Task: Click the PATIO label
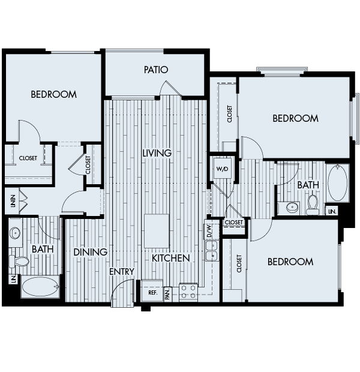tap(155, 70)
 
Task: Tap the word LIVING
tap(157, 153)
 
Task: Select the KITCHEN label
tap(170, 258)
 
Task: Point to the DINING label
tap(90, 253)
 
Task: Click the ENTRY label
tap(121, 272)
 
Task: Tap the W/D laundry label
tap(221, 170)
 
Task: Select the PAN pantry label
tap(168, 293)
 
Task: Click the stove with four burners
tap(189, 292)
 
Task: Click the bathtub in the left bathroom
tap(41, 287)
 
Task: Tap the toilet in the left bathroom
tap(21, 262)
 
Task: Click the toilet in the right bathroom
tap(312, 206)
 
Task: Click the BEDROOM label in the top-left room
tap(54, 94)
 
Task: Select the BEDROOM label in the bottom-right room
tap(290, 262)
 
